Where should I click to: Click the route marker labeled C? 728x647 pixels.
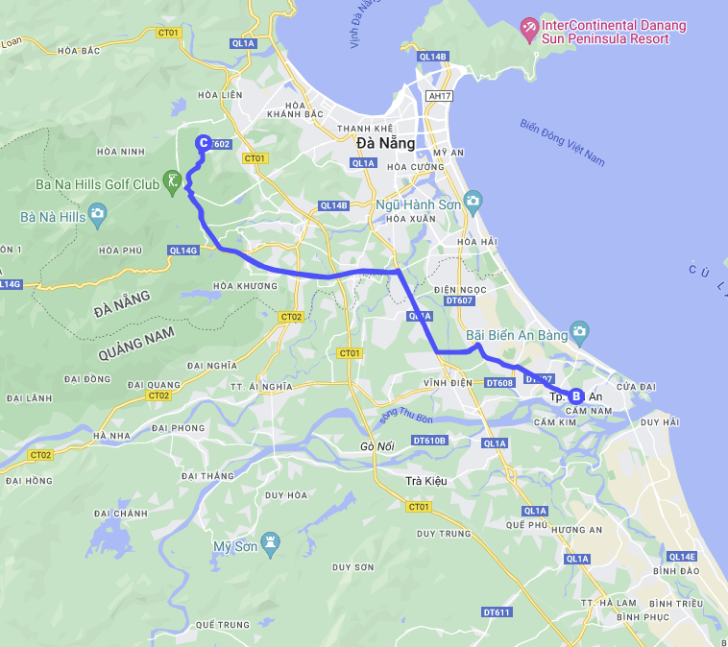(x=203, y=143)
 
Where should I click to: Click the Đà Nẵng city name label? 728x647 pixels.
(x=385, y=143)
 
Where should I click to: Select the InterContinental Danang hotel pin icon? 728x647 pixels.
(x=528, y=29)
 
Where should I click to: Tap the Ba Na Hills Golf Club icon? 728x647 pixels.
(x=173, y=180)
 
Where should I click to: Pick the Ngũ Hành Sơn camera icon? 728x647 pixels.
(x=472, y=202)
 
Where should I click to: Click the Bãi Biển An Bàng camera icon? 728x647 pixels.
(x=578, y=333)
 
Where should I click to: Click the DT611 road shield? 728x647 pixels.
(x=497, y=612)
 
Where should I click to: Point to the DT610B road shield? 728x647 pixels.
(x=429, y=440)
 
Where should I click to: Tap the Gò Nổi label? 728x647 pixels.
(x=378, y=447)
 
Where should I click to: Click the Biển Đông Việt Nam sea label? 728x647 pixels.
(x=563, y=142)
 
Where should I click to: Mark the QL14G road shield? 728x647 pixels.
(x=182, y=251)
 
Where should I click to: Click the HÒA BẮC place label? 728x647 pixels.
(x=80, y=51)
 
